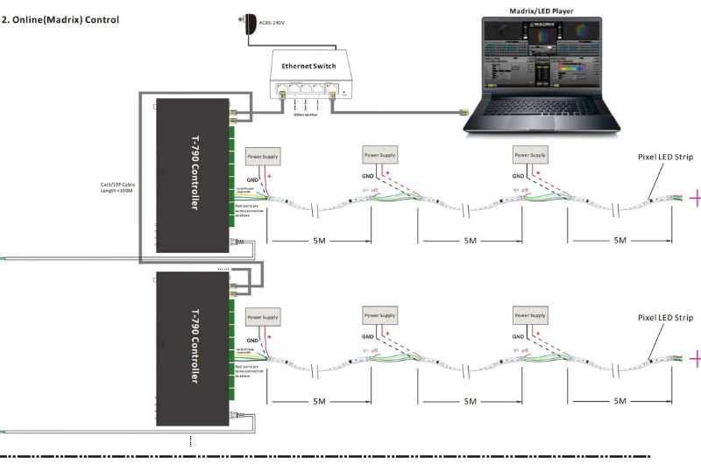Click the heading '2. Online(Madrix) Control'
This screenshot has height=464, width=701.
[62, 18]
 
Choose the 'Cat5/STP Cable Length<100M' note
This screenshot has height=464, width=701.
[120, 188]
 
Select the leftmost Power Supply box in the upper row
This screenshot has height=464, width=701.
[263, 155]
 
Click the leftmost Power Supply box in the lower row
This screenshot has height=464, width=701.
[263, 317]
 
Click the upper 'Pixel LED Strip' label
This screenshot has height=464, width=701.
[665, 158]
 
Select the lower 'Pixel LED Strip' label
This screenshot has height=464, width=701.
[665, 317]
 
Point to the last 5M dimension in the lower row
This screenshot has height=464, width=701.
[620, 400]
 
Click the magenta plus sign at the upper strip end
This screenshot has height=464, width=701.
[695, 199]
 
